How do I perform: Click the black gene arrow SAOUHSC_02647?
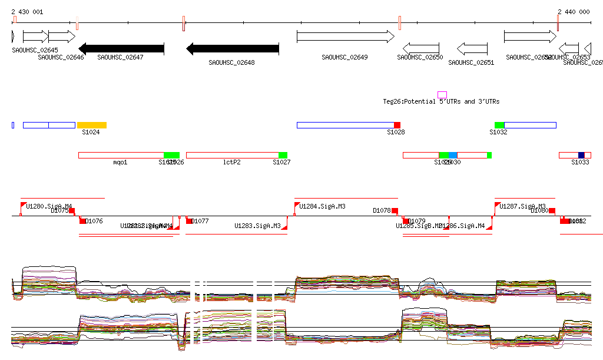[x=121, y=48]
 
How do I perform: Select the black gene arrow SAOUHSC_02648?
[x=232, y=48]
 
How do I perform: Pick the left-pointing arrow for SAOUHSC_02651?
[x=472, y=48]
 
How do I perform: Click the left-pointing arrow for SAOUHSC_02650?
[x=420, y=48]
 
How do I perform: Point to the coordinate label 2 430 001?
[x=27, y=12]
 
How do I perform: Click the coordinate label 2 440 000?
[x=574, y=12]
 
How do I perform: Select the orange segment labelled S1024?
[x=92, y=125]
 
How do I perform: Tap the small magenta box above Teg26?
[x=442, y=95]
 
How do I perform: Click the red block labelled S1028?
[x=397, y=125]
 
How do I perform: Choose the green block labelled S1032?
[x=499, y=125]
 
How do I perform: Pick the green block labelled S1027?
[x=283, y=155]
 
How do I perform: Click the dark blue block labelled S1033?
[x=581, y=155]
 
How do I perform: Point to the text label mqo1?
[x=120, y=162]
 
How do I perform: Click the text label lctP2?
[x=232, y=162]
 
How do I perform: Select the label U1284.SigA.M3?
[x=322, y=207]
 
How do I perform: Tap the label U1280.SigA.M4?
[x=49, y=207]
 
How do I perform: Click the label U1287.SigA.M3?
[x=522, y=207]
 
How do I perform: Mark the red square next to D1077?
[x=190, y=221]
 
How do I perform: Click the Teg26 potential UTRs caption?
[x=441, y=102]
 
